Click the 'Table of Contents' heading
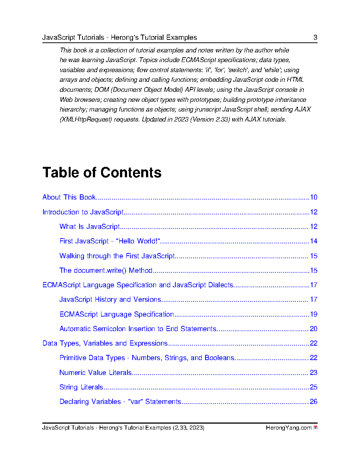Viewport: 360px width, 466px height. coord(102,173)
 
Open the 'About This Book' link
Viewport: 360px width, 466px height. coord(69,197)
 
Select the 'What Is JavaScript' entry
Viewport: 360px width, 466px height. coord(90,227)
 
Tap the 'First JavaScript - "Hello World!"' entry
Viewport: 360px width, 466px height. coord(110,241)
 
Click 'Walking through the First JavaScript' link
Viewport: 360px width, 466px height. coord(117,256)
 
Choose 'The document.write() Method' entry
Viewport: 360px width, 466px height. coord(106,271)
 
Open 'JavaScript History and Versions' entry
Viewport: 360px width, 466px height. coord(110,300)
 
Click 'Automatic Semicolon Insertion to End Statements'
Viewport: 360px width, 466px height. coord(138,329)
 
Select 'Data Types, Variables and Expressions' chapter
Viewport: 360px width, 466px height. coord(105,343)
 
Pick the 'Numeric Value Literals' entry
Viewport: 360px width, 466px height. coord(96,373)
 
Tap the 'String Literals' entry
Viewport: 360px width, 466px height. coord(81,387)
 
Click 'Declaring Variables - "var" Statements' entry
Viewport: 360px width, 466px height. coord(120,402)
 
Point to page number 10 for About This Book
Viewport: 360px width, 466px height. coord(314,197)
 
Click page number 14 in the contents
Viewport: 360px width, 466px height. coord(314,241)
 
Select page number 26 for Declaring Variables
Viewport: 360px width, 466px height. coord(314,402)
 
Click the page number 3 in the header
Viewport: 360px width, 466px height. coord(315,38)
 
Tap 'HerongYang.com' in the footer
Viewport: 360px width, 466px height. coord(288,428)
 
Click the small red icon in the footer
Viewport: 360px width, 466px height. coord(315,428)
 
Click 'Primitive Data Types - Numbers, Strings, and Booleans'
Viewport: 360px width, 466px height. coord(147,358)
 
